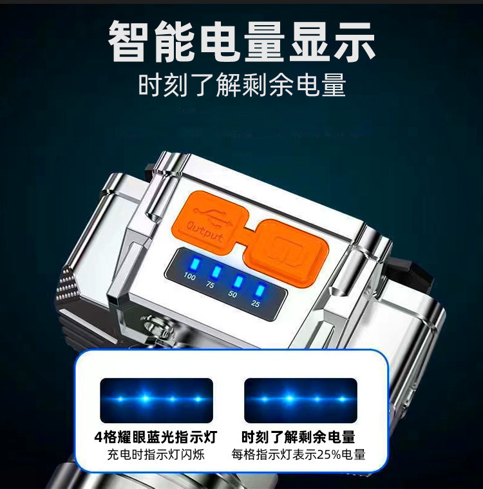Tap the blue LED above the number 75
(216, 273)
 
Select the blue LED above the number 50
(238, 282)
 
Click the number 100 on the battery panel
(189, 276)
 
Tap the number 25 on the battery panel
(255, 303)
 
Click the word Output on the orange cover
(205, 231)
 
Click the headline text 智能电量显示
(241, 41)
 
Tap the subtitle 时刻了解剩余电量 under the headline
(242, 84)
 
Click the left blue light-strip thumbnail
(156, 400)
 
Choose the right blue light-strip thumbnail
(301, 400)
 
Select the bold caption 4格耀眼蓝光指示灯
(156, 437)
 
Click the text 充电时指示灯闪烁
(156, 454)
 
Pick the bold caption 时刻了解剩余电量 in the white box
(298, 437)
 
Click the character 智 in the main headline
(129, 41)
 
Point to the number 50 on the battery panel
(232, 294)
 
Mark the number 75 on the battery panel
(210, 284)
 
